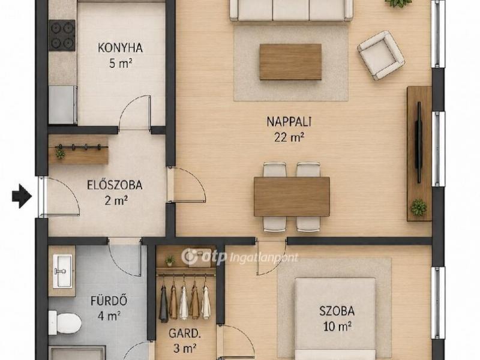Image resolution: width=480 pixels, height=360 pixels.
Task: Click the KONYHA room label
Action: pyautogui.click(x=121, y=48)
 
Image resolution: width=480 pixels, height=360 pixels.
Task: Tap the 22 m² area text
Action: pyautogui.click(x=289, y=137)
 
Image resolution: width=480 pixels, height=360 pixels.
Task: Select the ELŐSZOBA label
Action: pyautogui.click(x=115, y=185)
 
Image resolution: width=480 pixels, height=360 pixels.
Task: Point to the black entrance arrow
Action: pyautogui.click(x=22, y=196)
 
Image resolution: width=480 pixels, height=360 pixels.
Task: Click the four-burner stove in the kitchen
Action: pyautogui.click(x=62, y=35)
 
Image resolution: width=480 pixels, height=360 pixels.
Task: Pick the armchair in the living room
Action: pyautogui.click(x=381, y=55)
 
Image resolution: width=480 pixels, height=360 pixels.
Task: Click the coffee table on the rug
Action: pyautogui.click(x=290, y=62)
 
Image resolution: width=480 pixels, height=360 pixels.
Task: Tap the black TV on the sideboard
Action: pyautogui.click(x=418, y=142)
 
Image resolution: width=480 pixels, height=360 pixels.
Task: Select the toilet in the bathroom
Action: pyautogui.click(x=65, y=323)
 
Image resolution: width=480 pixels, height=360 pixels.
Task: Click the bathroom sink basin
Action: pyautogui.click(x=63, y=271)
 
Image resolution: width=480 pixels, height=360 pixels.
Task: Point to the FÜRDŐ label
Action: pyautogui.click(x=109, y=301)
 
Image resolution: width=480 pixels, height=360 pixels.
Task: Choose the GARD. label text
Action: pyautogui.click(x=185, y=334)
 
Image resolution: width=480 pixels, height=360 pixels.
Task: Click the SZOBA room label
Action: pyautogui.click(x=337, y=311)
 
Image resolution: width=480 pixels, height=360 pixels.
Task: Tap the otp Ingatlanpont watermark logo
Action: pyautogui.click(x=239, y=257)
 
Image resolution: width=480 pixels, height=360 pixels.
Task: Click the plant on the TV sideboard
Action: pyautogui.click(x=418, y=207)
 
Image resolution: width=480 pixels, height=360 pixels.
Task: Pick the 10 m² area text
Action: pyautogui.click(x=337, y=326)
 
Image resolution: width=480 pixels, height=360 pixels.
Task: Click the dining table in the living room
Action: pyautogui.click(x=292, y=197)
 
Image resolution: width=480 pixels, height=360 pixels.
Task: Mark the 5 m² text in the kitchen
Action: pyautogui.click(x=121, y=64)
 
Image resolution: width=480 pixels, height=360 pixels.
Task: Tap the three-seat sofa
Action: pyautogui.click(x=291, y=10)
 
